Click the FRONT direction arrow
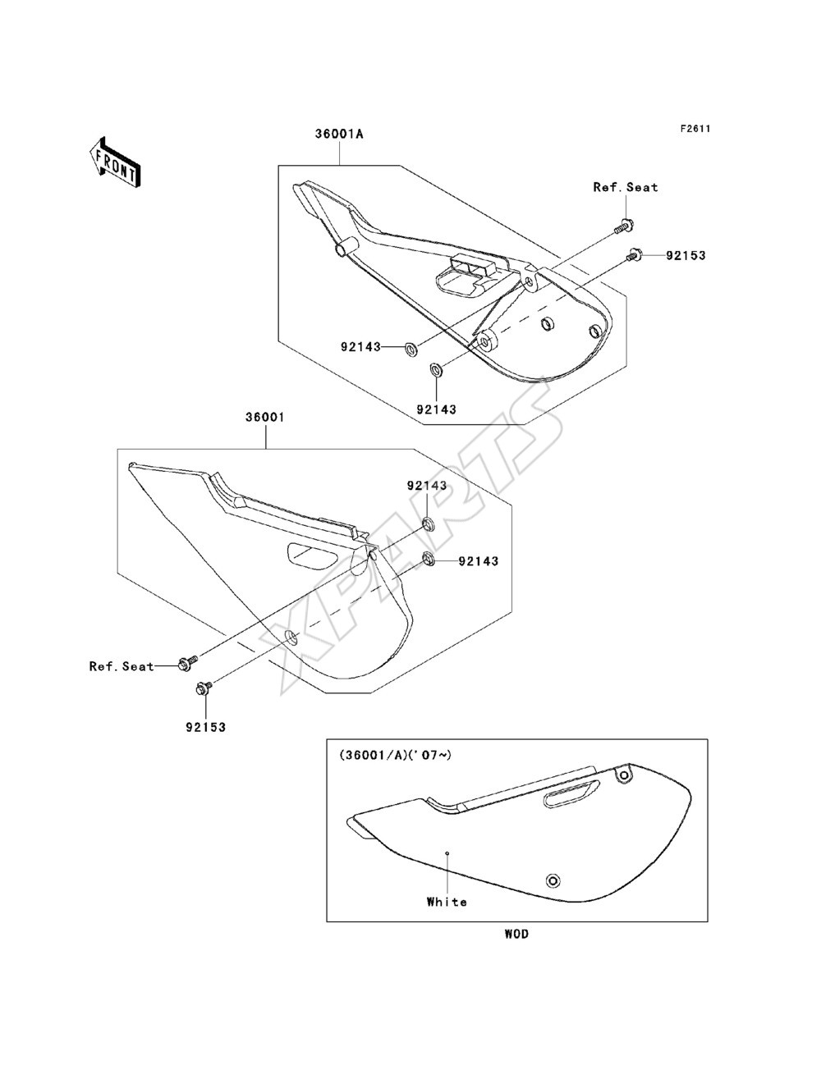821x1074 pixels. pyautogui.click(x=115, y=161)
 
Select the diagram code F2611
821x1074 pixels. pyautogui.click(x=695, y=129)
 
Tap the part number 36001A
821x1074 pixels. pyautogui.click(x=339, y=134)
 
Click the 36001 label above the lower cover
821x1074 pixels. pyautogui.click(x=265, y=418)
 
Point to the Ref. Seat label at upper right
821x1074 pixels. pyautogui.click(x=625, y=187)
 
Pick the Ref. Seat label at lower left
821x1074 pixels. pyautogui.click(x=122, y=666)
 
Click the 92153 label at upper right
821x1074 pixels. pyautogui.click(x=686, y=255)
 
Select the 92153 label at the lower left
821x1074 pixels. pyautogui.click(x=205, y=727)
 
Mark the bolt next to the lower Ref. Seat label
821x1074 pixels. pyautogui.click(x=188, y=663)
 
